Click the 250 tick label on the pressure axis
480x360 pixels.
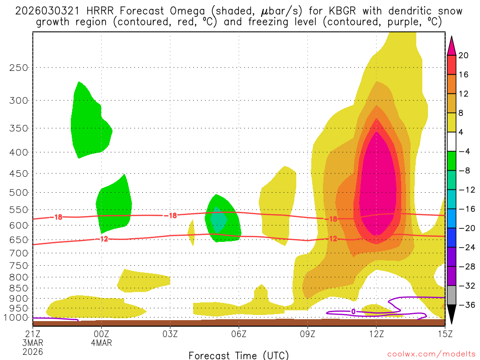click(x=19, y=67)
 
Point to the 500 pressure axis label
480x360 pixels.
click(x=19, y=192)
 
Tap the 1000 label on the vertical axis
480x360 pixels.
click(x=17, y=317)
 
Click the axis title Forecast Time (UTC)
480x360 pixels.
click(x=239, y=355)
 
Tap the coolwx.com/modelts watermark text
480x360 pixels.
click(x=431, y=354)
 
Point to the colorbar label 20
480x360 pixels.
click(x=464, y=55)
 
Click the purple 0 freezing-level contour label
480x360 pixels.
click(x=353, y=312)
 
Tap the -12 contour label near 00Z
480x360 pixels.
click(x=104, y=239)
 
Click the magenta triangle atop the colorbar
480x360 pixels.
click(x=451, y=45)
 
